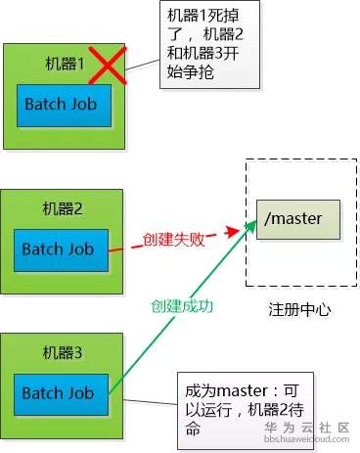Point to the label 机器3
tap(65, 352)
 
